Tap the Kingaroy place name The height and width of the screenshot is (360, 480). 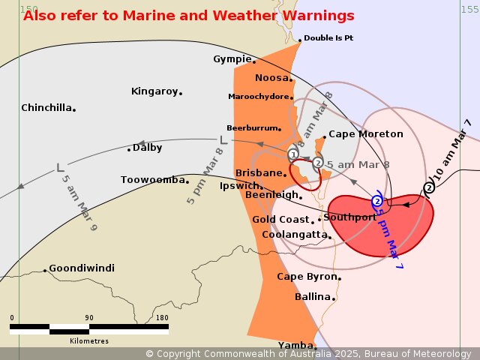pyautogui.click(x=154, y=91)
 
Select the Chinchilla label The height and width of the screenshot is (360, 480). pyautogui.click(x=46, y=108)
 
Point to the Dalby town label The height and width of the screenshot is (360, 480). pyautogui.click(x=148, y=148)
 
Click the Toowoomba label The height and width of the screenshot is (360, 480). pyautogui.click(x=152, y=180)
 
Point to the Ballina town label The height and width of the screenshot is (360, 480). pyautogui.click(x=313, y=297)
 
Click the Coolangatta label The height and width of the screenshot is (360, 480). pyautogui.click(x=295, y=235)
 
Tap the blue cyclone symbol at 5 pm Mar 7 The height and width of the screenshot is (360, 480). pyautogui.click(x=377, y=201)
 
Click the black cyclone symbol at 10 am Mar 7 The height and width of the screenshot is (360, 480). pyautogui.click(x=429, y=188)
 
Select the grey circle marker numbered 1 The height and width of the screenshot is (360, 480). pyautogui.click(x=293, y=154)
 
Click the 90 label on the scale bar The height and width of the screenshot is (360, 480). pyautogui.click(x=89, y=318)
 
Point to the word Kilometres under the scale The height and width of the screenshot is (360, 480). pyautogui.click(x=89, y=340)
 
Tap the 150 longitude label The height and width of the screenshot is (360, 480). pyautogui.click(x=28, y=9)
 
